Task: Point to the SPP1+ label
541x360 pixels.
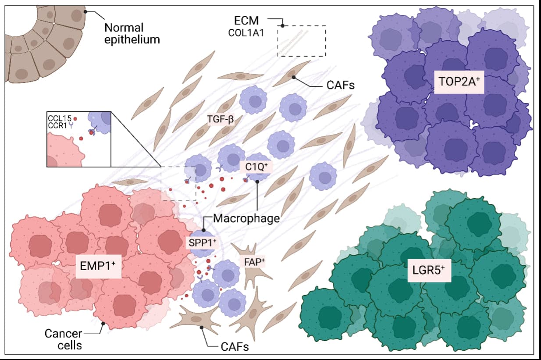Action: (203, 242)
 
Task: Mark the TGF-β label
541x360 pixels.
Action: (221, 118)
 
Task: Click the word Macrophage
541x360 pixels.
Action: (246, 218)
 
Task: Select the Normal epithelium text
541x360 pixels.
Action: (132, 34)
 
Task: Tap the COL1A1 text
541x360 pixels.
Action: (246, 32)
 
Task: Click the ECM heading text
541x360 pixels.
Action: (246, 20)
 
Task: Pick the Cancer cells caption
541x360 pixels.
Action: (64, 339)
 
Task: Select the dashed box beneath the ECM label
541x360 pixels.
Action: (302, 41)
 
